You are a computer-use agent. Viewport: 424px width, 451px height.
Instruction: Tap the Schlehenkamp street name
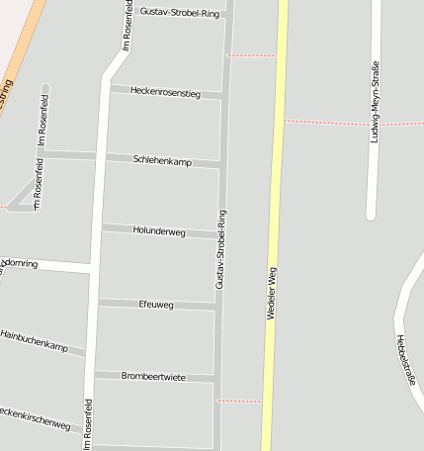(x=162, y=160)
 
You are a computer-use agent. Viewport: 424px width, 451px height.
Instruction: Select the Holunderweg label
(x=158, y=230)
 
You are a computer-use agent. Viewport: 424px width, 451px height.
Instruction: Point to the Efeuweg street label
(x=156, y=305)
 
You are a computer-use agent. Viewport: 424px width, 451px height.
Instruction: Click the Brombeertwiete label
(x=153, y=377)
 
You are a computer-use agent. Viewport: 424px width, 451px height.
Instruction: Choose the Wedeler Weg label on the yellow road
(x=271, y=293)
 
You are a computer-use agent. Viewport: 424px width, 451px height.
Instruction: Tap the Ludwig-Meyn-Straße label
(x=375, y=103)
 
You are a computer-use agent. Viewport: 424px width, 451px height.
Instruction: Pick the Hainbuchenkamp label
(x=35, y=341)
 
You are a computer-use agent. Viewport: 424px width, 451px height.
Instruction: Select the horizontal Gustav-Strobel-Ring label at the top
(x=180, y=13)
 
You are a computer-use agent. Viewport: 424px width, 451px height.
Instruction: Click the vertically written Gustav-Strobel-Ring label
(x=220, y=248)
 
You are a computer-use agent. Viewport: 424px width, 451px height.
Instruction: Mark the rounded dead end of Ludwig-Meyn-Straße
(x=372, y=214)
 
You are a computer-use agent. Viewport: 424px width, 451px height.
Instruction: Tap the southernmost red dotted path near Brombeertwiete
(x=238, y=401)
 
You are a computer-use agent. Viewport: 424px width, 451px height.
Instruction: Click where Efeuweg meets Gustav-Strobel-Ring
(x=216, y=308)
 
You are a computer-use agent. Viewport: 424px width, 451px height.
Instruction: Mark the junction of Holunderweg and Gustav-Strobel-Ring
(x=218, y=236)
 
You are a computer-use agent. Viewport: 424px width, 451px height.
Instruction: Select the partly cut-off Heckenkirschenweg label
(x=36, y=418)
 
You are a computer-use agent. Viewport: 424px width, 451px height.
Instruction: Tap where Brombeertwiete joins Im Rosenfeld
(x=91, y=374)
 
